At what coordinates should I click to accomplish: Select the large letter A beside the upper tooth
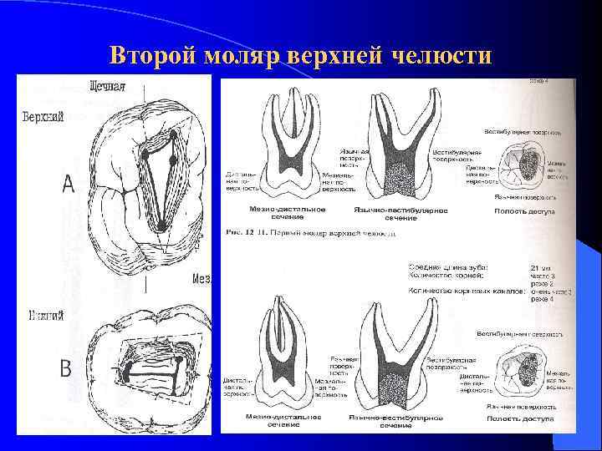click(68, 184)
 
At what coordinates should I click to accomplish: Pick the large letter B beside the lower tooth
click(66, 367)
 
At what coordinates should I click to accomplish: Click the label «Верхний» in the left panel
click(42, 116)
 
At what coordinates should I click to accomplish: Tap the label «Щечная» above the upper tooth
click(108, 84)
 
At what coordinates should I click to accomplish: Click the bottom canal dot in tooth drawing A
click(160, 225)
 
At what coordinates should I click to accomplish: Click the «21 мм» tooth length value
click(541, 266)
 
